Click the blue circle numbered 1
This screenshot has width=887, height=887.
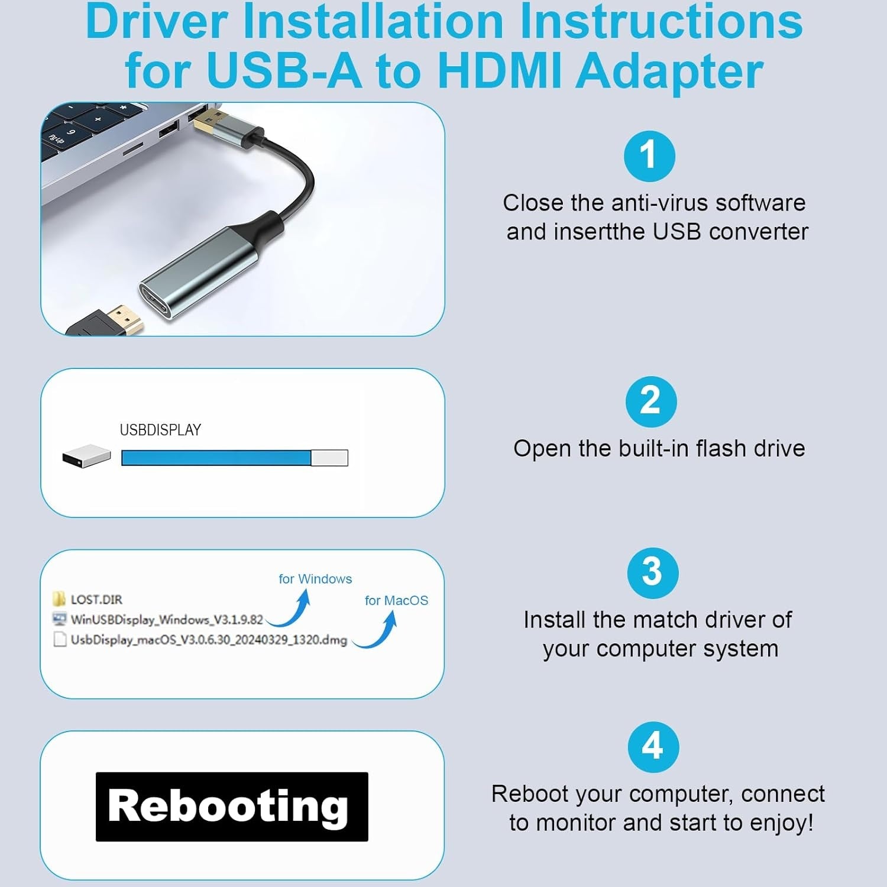pos(649,156)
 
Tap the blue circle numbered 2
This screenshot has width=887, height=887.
pos(650,402)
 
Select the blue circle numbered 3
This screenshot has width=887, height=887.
pos(652,572)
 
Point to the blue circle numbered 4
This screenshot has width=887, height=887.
pos(652,747)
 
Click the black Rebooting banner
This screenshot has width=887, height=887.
pos(232,807)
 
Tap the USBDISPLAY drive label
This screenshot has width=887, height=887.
pos(160,430)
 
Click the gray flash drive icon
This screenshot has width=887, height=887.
pos(86,456)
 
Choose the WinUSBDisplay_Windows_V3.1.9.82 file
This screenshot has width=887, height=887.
pos(158,620)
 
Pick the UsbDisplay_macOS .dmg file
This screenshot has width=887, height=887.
pos(200,640)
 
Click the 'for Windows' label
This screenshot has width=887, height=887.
pos(315,579)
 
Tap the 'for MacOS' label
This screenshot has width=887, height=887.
pos(396,600)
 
